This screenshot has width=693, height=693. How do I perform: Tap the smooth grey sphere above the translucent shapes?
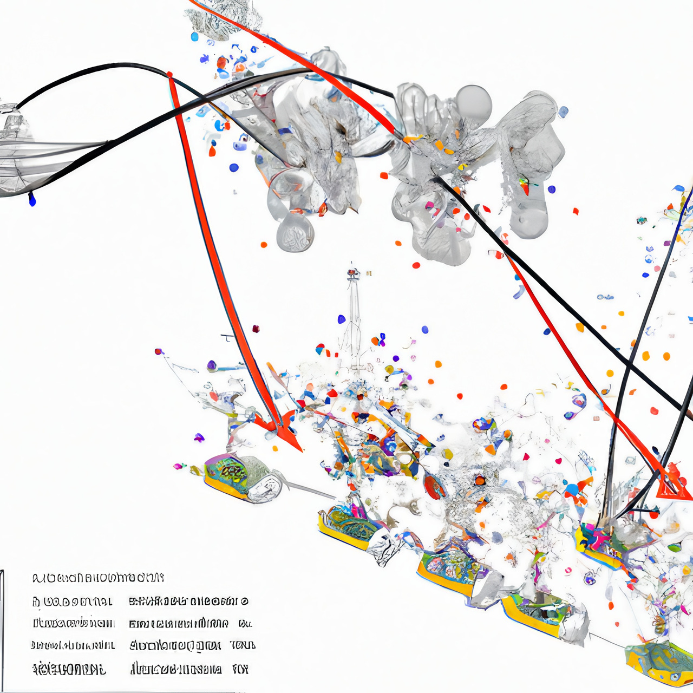473,103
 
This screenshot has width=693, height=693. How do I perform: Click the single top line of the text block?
97,578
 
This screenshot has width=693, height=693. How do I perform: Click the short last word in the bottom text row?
240,669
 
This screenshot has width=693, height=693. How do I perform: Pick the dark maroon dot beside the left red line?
256,329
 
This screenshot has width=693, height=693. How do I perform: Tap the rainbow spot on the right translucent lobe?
524,185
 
